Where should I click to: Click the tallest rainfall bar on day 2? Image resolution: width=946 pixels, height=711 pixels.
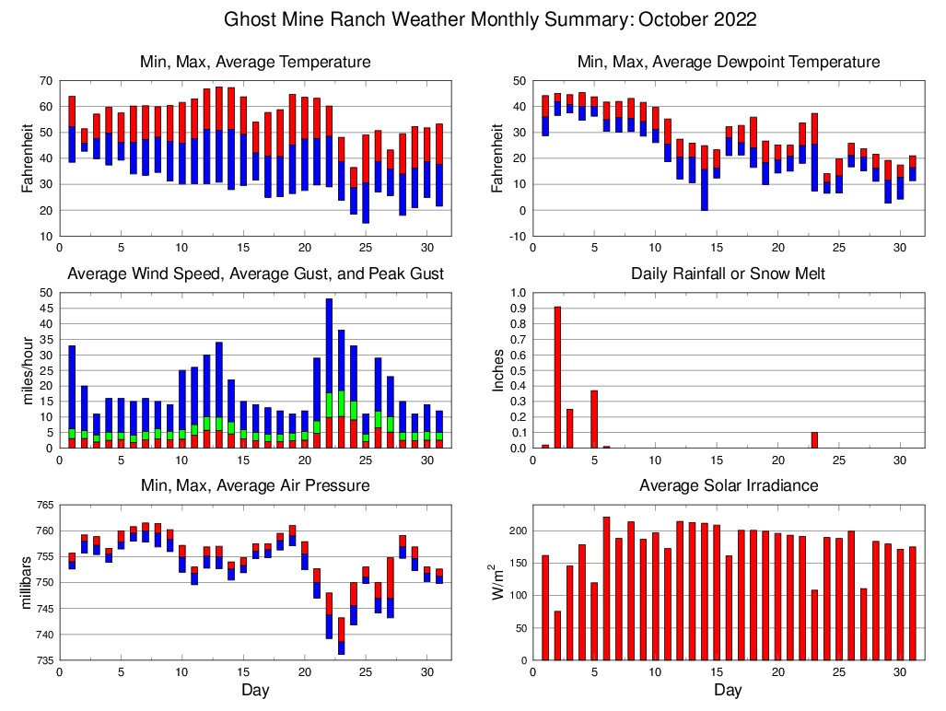click(x=557, y=378)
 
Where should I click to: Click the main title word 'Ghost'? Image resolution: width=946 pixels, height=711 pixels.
click(x=254, y=19)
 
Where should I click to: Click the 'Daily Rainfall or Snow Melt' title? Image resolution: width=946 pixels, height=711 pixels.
click(x=728, y=274)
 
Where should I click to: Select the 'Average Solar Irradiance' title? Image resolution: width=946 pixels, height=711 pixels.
click(x=728, y=485)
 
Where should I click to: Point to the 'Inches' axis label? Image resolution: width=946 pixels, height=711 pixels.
click(x=498, y=370)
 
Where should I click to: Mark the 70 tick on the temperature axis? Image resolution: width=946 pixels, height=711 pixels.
click(x=45, y=81)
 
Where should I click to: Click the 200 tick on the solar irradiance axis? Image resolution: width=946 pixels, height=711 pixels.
click(x=516, y=531)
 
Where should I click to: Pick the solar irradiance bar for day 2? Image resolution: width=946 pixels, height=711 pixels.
click(x=557, y=635)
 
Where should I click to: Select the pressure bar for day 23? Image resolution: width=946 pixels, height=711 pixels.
click(x=341, y=635)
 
